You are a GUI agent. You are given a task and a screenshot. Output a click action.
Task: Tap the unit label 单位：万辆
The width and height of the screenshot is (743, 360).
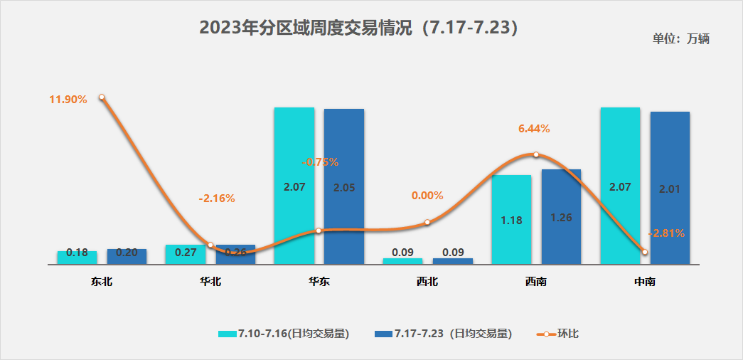pyautogui.click(x=680, y=39)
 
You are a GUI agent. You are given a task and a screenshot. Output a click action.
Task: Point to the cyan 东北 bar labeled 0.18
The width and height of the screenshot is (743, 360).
pyautogui.click(x=77, y=257)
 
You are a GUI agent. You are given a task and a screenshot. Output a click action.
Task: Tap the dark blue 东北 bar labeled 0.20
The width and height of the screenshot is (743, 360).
pyautogui.click(x=127, y=256)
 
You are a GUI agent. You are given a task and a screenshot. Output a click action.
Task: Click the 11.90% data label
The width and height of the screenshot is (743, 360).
pyautogui.click(x=68, y=100)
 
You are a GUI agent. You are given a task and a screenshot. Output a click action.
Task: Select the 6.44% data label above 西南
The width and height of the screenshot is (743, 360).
pyautogui.click(x=534, y=129)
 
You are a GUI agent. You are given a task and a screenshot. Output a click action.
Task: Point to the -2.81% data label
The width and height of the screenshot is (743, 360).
pyautogui.click(x=667, y=233)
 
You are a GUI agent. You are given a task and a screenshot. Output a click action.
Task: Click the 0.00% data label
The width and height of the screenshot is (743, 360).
pyautogui.click(x=427, y=196)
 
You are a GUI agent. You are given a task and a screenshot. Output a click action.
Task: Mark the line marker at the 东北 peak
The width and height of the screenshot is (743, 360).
pyautogui.click(x=102, y=97)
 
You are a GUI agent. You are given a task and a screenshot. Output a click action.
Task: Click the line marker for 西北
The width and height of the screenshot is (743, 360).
pyautogui.click(x=427, y=222)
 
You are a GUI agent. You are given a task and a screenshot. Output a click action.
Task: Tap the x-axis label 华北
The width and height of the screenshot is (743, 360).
pyautogui.click(x=210, y=282)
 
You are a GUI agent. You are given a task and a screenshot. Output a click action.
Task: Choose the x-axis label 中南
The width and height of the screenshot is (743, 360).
pyautogui.click(x=644, y=282)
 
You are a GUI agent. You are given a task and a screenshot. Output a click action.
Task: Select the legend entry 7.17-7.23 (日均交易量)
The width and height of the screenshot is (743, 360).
pyautogui.click(x=443, y=334)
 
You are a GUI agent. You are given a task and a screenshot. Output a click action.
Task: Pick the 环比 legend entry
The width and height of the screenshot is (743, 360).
pyautogui.click(x=557, y=334)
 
